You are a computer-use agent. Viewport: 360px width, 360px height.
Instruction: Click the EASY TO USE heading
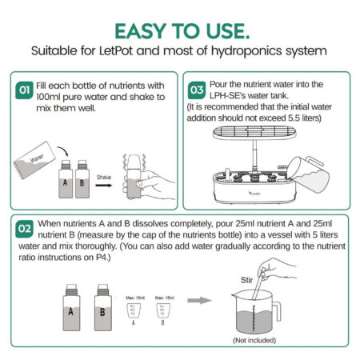pos(180,30)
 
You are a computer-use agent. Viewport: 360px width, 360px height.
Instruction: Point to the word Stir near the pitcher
pos(248,281)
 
